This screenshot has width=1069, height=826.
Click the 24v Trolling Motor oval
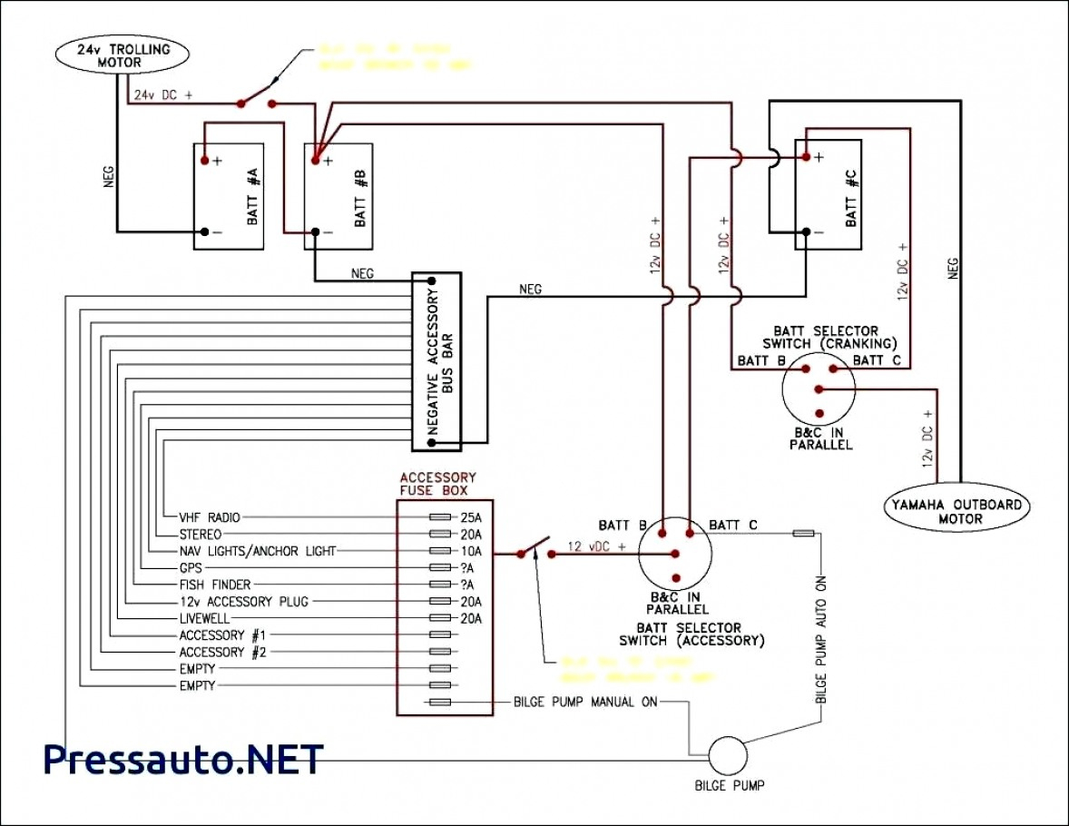click(x=125, y=56)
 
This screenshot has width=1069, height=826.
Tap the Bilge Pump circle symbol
click(x=726, y=754)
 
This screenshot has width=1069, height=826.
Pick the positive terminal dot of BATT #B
click(x=315, y=160)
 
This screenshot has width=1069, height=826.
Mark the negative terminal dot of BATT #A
click(x=205, y=231)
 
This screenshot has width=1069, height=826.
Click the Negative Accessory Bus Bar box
click(x=436, y=360)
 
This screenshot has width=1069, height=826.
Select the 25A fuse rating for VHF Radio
click(x=470, y=516)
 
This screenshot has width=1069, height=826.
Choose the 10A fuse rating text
click(x=470, y=551)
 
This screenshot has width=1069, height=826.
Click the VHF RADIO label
click(x=210, y=516)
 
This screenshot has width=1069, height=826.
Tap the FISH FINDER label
click(x=215, y=585)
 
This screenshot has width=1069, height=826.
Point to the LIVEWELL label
click(x=205, y=618)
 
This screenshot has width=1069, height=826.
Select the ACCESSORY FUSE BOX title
click(x=437, y=484)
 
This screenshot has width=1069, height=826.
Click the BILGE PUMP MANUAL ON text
click(x=585, y=703)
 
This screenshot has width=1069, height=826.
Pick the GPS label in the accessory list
click(x=191, y=567)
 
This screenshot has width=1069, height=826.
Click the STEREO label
click(x=201, y=534)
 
